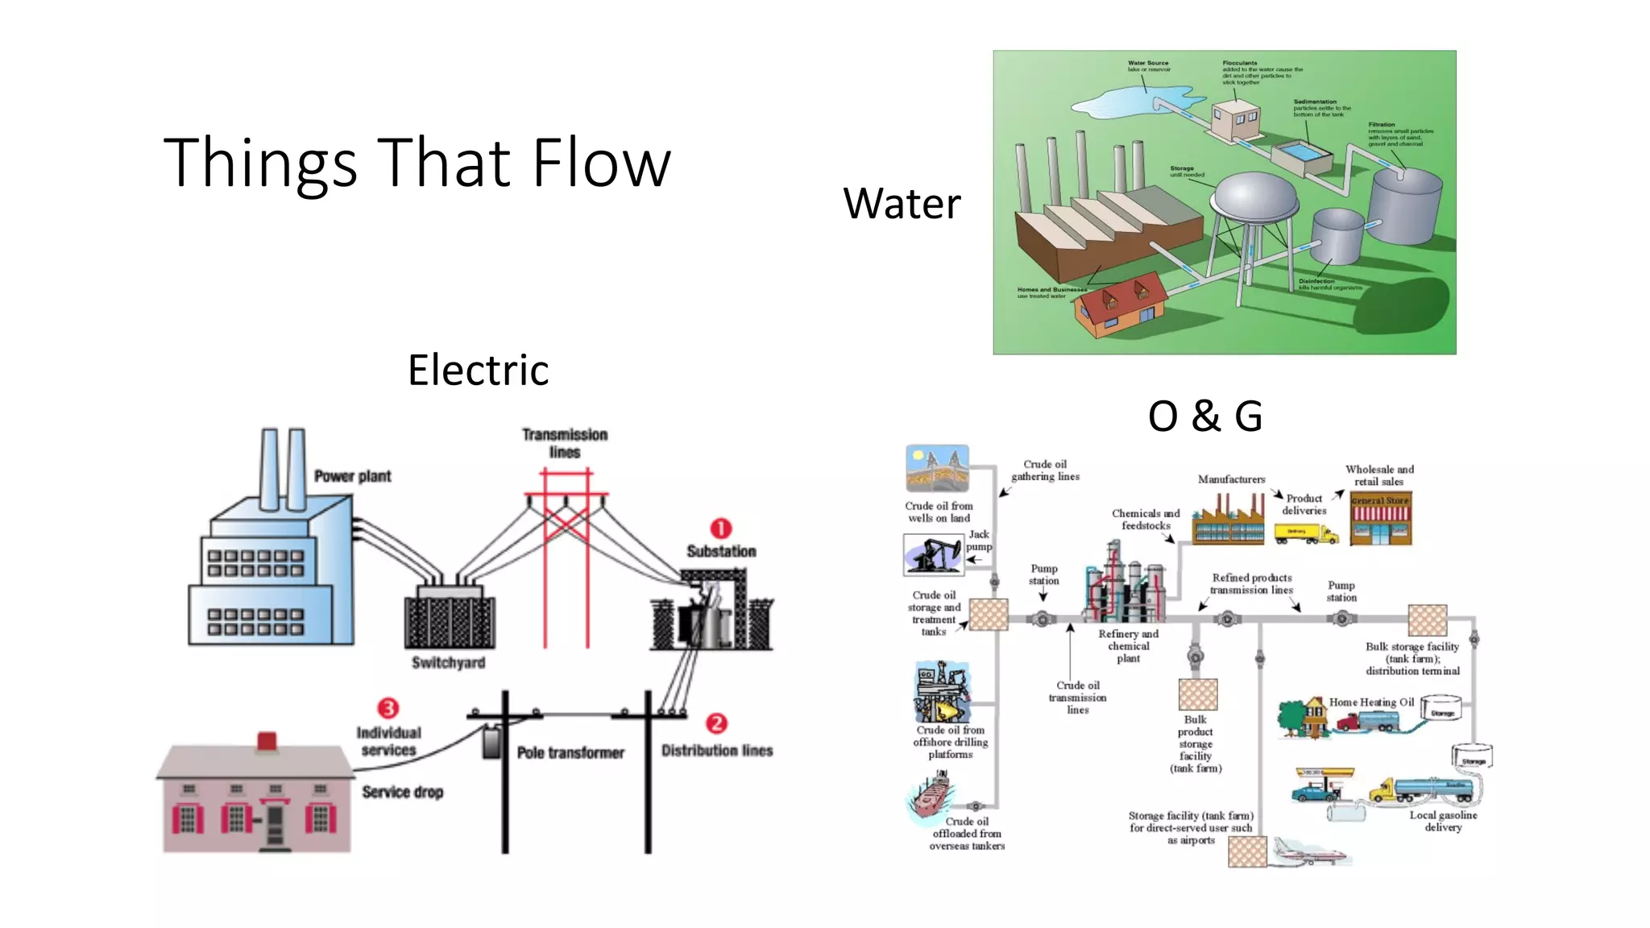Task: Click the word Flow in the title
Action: click(601, 164)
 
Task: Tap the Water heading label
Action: click(902, 204)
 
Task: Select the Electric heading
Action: click(478, 371)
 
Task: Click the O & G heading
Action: click(1204, 416)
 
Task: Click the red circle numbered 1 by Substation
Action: click(720, 528)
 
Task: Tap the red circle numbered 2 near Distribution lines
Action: click(716, 723)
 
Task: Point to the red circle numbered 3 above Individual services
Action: click(388, 708)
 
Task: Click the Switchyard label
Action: click(448, 663)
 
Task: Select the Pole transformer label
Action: click(570, 752)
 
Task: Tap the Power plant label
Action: click(352, 476)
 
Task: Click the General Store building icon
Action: click(1380, 520)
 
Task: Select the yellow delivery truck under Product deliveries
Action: click(1305, 533)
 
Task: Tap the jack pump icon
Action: click(933, 555)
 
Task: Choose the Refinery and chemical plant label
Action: click(1128, 646)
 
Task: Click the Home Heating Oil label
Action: click(1371, 702)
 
